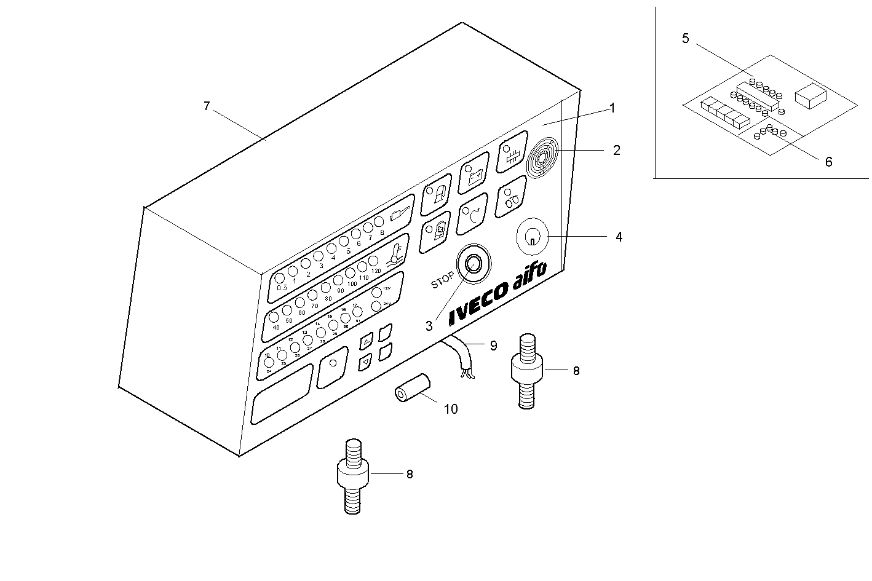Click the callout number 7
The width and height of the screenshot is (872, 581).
tap(207, 106)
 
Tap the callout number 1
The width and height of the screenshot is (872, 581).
tap(612, 108)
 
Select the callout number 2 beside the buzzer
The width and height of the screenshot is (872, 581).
tap(616, 150)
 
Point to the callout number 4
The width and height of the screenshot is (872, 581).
tap(619, 237)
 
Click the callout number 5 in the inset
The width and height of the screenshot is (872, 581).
tap(686, 39)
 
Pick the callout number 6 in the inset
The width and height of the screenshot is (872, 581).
tap(828, 162)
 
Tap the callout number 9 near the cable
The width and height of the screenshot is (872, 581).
tap(493, 346)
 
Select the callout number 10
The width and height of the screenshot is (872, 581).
tap(451, 409)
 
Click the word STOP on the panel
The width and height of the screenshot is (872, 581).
tap(442, 280)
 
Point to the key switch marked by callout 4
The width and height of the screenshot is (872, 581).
tap(532, 235)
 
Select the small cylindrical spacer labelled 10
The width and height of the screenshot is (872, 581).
tap(411, 389)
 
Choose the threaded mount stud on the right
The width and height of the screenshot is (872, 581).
tap(527, 370)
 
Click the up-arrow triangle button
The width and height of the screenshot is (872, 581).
tap(367, 341)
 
